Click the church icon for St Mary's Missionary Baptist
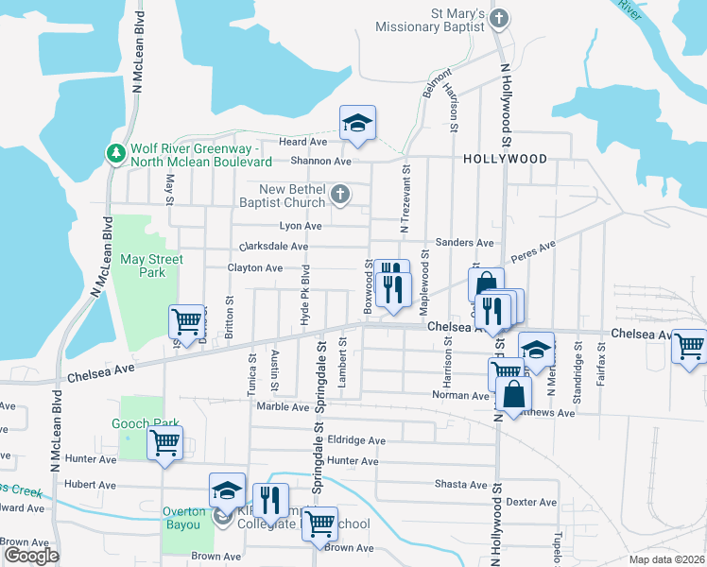pos(500,19)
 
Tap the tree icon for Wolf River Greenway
pos(116,152)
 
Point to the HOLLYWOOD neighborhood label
pos(505,159)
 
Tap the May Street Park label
pos(151,266)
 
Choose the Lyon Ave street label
pos(301,226)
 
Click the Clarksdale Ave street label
pos(275,247)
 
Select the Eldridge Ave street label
pos(356,440)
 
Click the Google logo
pos(32,556)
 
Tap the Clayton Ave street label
pos(255,268)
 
